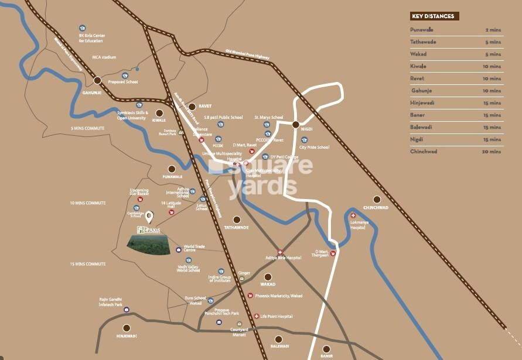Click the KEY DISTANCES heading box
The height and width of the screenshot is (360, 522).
(x=434, y=16)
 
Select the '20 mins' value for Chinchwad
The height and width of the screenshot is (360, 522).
(x=492, y=152)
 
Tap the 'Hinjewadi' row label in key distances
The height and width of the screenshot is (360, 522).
(x=424, y=102)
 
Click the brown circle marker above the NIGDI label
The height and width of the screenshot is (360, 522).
(x=296, y=125)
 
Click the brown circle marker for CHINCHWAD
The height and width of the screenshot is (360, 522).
(x=377, y=199)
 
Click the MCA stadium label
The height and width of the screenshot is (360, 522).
(x=104, y=57)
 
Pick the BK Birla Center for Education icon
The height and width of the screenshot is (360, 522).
(x=83, y=28)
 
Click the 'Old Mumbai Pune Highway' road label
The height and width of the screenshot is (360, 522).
(x=247, y=54)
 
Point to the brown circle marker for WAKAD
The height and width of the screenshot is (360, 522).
(x=268, y=277)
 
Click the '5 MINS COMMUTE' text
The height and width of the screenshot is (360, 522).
(x=87, y=128)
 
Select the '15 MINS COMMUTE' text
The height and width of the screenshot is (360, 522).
(x=87, y=264)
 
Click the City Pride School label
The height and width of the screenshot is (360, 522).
(x=314, y=147)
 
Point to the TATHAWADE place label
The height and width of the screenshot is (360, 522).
(x=236, y=227)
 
